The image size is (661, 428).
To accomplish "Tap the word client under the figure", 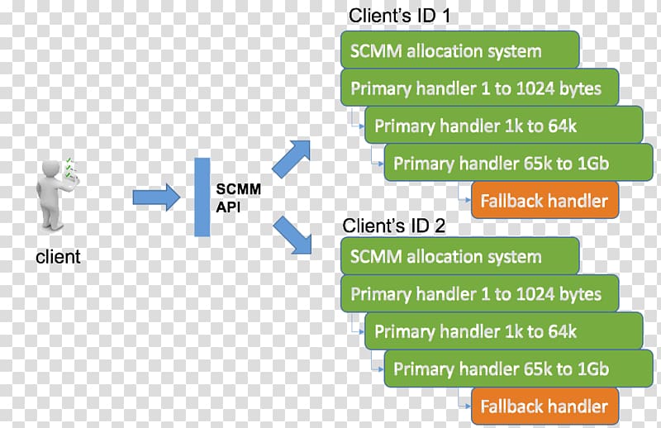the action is (x=58, y=256).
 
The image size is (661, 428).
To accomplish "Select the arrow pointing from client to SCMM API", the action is (x=156, y=197).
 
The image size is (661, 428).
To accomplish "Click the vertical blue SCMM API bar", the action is (x=202, y=197).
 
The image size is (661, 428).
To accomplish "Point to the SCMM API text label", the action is (x=238, y=197).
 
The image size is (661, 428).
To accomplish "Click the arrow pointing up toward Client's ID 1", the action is (x=292, y=159).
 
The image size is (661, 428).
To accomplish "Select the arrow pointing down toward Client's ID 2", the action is (x=292, y=235).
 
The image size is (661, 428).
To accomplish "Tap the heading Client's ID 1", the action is (x=399, y=16).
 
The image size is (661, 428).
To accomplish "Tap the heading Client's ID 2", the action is (x=394, y=226).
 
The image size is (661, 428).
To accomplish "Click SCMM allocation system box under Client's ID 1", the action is (x=460, y=50).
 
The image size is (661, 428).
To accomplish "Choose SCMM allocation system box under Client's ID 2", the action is (x=460, y=256).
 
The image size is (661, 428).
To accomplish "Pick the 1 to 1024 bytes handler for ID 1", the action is (x=480, y=88).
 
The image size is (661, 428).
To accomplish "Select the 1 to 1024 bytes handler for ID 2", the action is (x=480, y=293).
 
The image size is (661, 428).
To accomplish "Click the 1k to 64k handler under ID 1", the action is (x=504, y=125).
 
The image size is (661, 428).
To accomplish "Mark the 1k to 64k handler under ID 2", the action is (x=504, y=331).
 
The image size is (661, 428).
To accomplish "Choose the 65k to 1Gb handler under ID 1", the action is (x=519, y=162).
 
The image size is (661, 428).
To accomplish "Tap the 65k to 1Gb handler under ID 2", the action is (x=519, y=369).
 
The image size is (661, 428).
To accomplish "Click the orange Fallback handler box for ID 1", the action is (x=544, y=200).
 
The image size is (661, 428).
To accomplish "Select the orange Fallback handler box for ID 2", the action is (x=544, y=406).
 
